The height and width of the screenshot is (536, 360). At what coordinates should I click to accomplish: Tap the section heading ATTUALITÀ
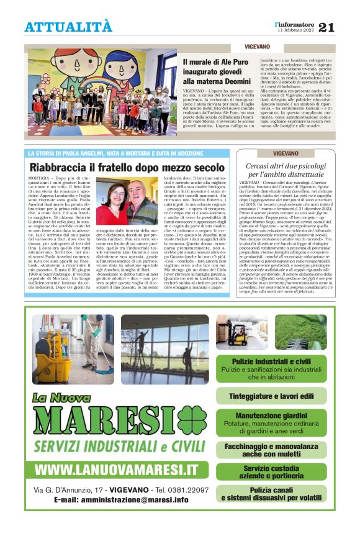[68, 27]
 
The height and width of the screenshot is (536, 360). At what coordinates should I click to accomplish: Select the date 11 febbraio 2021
[297, 30]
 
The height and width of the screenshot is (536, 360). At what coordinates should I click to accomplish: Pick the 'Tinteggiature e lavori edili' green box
[272, 396]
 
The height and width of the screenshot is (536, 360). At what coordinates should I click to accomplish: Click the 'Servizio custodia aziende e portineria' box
[272, 472]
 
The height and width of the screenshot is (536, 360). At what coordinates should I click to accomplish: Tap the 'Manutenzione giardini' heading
[272, 415]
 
